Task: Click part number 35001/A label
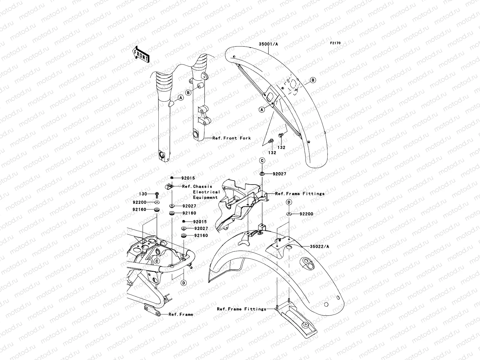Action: [268, 44]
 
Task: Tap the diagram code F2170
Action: [335, 43]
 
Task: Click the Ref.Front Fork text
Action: [231, 138]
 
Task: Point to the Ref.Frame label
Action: [181, 314]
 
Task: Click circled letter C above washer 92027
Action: [262, 161]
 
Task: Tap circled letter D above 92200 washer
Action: [289, 202]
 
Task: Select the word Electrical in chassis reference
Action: [206, 192]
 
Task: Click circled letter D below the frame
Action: [183, 283]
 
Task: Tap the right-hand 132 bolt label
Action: [281, 147]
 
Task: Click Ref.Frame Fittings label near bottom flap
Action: [241, 309]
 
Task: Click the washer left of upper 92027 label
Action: [262, 174]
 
